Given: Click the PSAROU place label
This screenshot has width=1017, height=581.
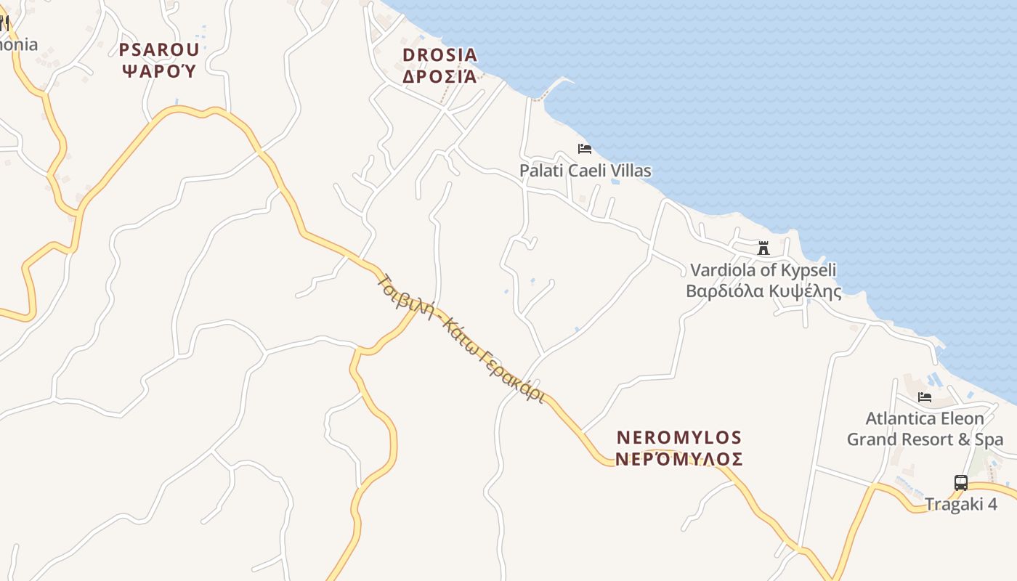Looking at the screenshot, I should (159, 49).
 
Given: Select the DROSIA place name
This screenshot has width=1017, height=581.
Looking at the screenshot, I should (440, 55).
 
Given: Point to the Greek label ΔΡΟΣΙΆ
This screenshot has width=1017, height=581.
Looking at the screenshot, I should (440, 76).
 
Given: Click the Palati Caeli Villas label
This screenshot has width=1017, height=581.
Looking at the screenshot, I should (585, 171).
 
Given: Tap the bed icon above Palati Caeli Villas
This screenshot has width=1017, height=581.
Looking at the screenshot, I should (585, 149).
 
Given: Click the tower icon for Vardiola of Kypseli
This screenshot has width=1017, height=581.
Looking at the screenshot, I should (763, 248).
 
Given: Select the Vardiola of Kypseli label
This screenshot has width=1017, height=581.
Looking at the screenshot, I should (763, 270).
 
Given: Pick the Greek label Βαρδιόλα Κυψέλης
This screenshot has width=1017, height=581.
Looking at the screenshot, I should (763, 291).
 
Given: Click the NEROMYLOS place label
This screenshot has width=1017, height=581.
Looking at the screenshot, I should (679, 438).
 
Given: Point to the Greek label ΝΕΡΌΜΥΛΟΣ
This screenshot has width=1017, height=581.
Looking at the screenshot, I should (679, 459).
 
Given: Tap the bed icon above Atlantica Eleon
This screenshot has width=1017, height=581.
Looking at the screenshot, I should (925, 397).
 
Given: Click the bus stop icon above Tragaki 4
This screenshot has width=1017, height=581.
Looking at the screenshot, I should (960, 482).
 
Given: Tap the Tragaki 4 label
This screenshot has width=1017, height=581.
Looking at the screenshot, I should (960, 504).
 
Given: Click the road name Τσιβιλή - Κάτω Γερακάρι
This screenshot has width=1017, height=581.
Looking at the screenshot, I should (461, 338).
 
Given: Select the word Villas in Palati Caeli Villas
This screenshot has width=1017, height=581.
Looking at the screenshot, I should (631, 171).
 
